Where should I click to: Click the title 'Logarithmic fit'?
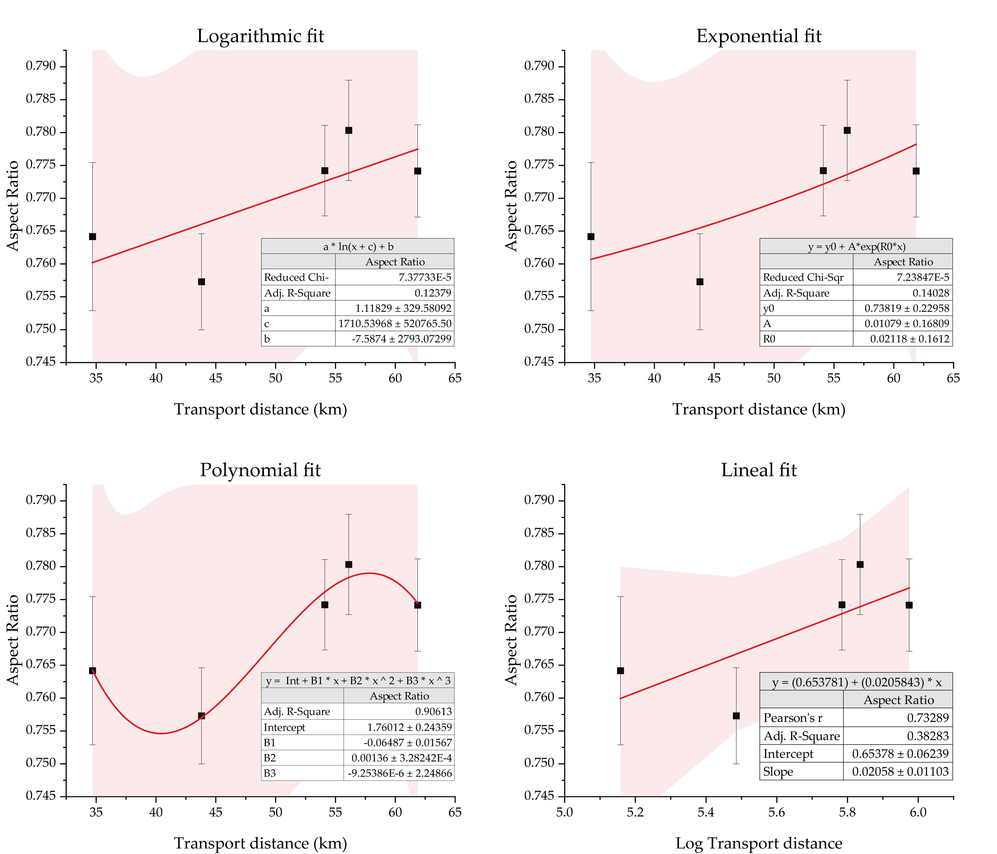point(260,36)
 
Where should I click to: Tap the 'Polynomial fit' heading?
point(260,470)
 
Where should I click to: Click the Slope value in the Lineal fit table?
point(900,772)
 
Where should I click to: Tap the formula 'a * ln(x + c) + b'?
point(358,247)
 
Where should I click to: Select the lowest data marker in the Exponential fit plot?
point(700,282)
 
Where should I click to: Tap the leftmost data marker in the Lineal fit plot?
point(620,671)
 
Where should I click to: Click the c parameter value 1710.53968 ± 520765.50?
point(395,324)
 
